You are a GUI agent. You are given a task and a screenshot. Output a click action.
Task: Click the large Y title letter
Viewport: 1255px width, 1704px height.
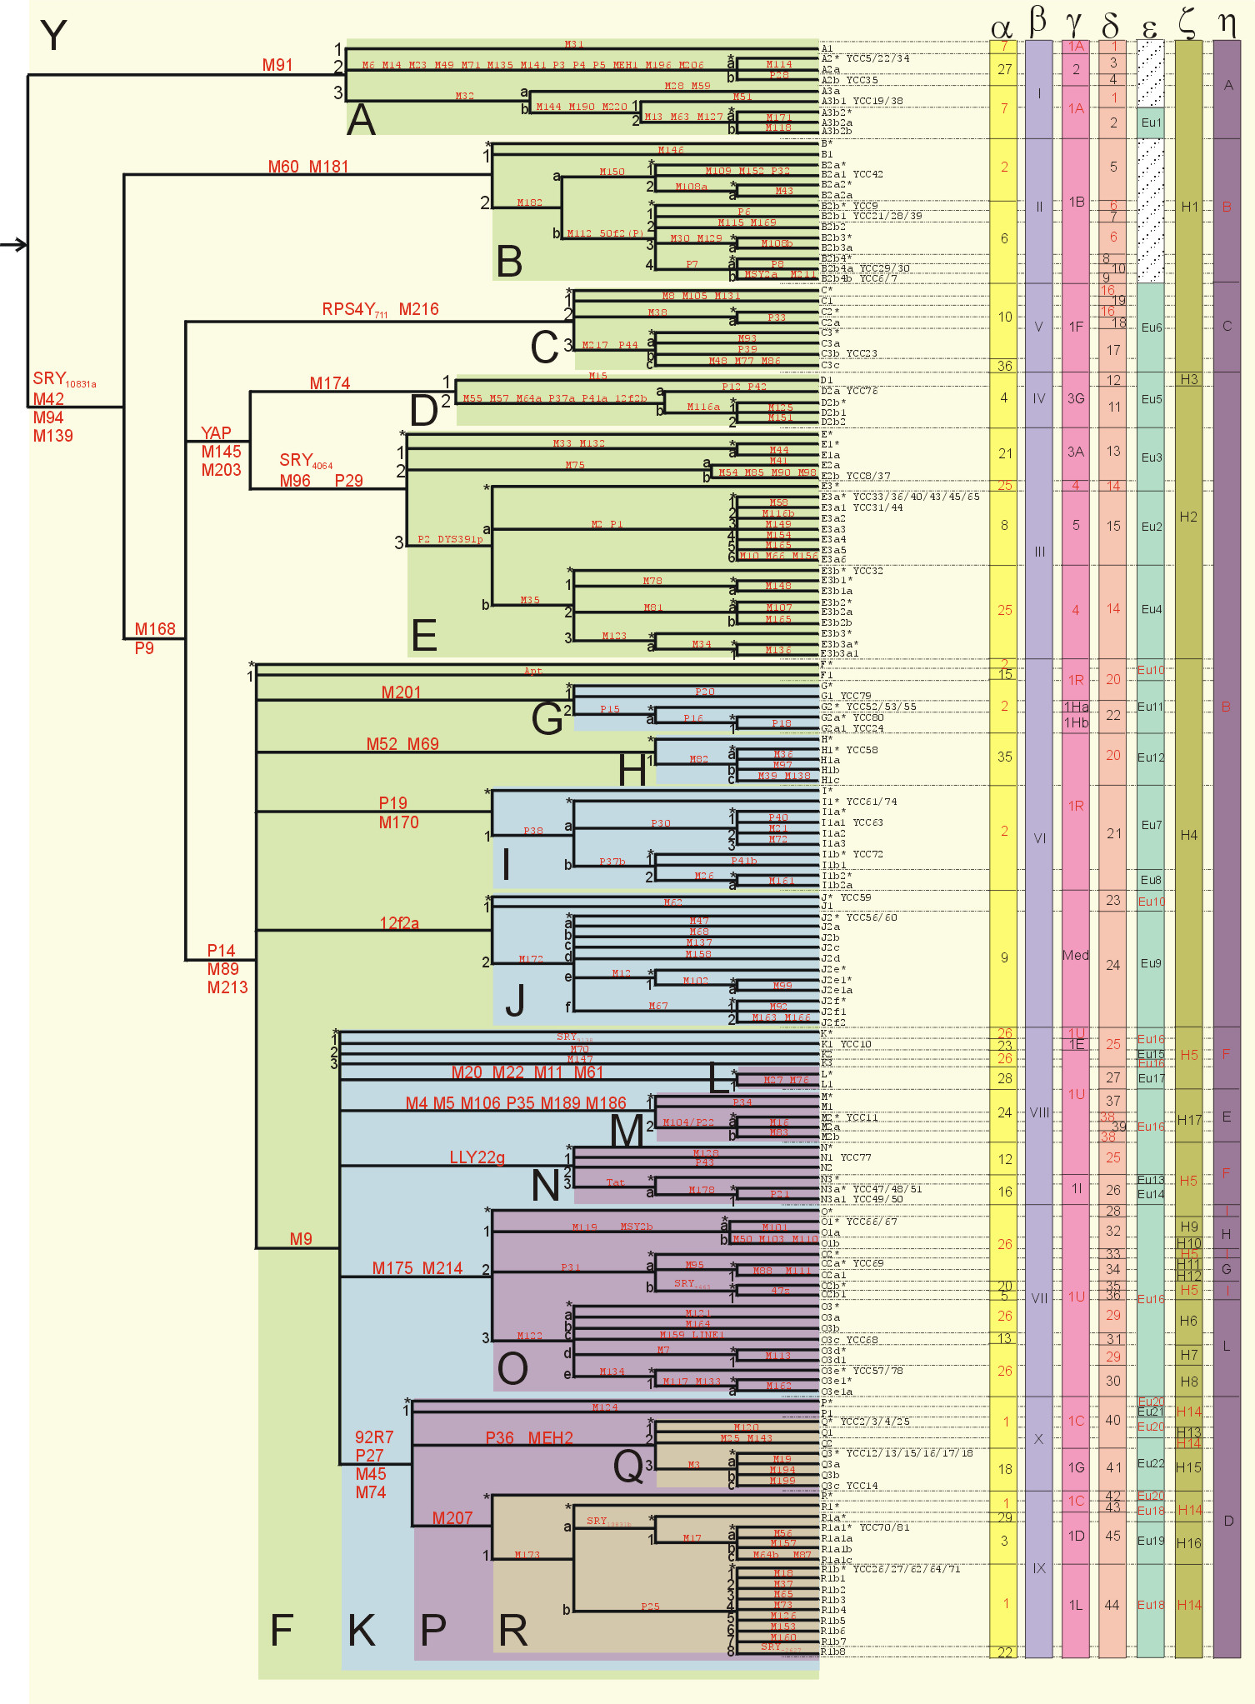coord(53,36)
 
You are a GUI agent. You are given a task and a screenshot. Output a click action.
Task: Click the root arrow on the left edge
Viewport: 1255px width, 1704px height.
coord(14,245)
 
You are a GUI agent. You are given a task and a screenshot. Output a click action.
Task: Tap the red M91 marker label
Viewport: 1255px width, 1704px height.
coord(277,65)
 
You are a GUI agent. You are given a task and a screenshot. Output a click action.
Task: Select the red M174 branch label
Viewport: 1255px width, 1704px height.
coord(330,383)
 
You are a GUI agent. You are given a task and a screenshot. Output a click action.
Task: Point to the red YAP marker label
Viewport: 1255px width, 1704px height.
coord(216,433)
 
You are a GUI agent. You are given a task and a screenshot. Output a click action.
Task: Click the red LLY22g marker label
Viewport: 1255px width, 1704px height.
coord(477,1157)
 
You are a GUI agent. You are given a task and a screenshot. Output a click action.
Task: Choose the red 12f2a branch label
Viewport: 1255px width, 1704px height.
coord(399,923)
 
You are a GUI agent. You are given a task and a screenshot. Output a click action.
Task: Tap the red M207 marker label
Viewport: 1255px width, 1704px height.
coord(452,1518)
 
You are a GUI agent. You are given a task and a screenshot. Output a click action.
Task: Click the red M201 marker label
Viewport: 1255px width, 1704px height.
coord(401,692)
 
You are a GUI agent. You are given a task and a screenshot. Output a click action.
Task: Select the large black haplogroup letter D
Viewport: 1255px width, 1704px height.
coord(424,411)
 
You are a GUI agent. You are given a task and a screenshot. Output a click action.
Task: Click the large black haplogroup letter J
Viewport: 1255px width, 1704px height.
coord(515,1001)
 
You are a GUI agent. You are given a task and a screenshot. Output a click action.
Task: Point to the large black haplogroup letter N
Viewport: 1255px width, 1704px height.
coord(546,1185)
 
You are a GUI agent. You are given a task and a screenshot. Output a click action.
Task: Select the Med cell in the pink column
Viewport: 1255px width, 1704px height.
coord(1076,955)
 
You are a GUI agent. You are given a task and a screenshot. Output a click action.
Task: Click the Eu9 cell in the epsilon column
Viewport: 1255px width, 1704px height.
coord(1151,963)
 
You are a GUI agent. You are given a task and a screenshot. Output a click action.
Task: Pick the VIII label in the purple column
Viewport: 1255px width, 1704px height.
coord(1039,1112)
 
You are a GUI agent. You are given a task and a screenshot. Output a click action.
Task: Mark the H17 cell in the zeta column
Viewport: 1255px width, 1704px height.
coord(1189,1120)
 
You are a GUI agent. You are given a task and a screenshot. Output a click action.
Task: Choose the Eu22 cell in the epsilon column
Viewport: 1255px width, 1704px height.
coord(1151,1463)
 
